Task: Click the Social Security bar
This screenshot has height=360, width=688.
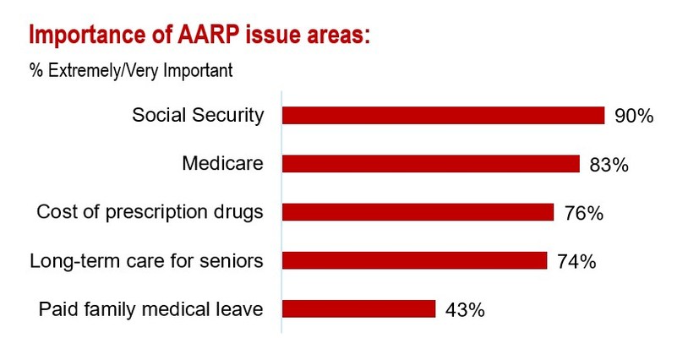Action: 443,116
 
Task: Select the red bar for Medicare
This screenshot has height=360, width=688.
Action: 430,164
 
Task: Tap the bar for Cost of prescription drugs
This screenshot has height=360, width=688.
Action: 418,212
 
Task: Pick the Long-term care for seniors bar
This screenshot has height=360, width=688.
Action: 414,260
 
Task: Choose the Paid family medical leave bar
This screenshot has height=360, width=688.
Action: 358,308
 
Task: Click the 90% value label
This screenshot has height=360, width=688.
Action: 634,117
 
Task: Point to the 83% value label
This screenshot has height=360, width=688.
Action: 609,165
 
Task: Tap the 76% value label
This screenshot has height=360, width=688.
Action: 583,213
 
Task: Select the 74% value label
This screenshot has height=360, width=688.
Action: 576,261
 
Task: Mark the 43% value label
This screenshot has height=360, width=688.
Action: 465,310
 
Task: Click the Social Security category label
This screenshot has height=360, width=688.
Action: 198,116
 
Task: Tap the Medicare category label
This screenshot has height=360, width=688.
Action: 223,164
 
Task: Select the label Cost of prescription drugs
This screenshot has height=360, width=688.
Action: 150,212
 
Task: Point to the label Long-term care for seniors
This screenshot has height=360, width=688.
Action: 146,261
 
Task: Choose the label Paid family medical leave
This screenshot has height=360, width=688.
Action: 151,309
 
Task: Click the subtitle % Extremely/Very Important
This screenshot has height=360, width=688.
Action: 131,71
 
